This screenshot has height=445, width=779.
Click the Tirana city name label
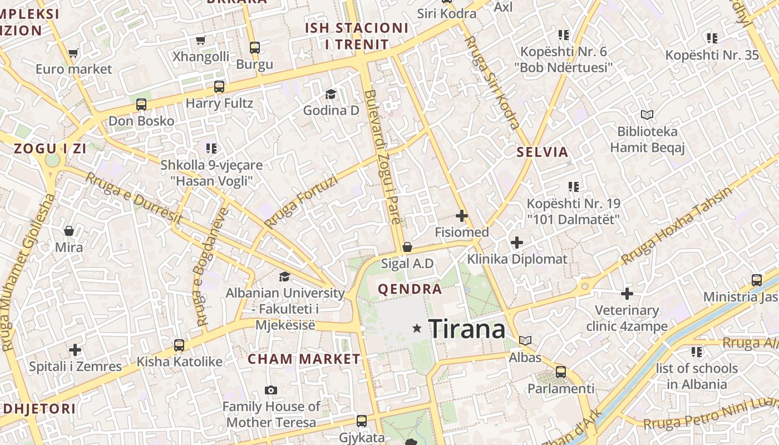pyautogui.click(x=467, y=329)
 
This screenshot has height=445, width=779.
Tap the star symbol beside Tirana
pyautogui.click(x=417, y=329)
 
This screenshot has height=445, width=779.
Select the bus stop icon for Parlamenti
pyautogui.click(x=561, y=372)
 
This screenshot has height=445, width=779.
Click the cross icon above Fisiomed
pyautogui.click(x=461, y=216)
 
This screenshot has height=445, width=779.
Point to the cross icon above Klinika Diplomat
pyautogui.click(x=517, y=243)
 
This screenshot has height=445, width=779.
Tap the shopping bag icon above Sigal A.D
pyautogui.click(x=407, y=247)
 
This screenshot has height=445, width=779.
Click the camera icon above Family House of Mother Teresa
pyautogui.click(x=271, y=390)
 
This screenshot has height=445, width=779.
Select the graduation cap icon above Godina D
pyautogui.click(x=331, y=94)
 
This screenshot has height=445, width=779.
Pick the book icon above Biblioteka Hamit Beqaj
pyautogui.click(x=647, y=115)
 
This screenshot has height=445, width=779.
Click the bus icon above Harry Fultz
pyautogui.click(x=219, y=87)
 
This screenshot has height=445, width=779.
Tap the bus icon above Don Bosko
pyautogui.click(x=141, y=104)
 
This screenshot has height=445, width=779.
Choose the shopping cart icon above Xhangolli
pyautogui.click(x=200, y=40)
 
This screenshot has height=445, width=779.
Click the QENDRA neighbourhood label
pyautogui.click(x=410, y=289)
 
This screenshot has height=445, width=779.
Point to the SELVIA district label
pyautogui.click(x=543, y=152)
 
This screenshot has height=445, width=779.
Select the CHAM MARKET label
pyautogui.click(x=304, y=359)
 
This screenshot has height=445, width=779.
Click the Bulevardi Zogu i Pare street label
pyautogui.click(x=383, y=157)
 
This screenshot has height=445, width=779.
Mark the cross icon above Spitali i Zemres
pyautogui.click(x=75, y=350)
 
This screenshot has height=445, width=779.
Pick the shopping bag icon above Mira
pyautogui.click(x=69, y=230)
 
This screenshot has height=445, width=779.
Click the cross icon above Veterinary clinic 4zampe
pyautogui.click(x=627, y=293)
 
